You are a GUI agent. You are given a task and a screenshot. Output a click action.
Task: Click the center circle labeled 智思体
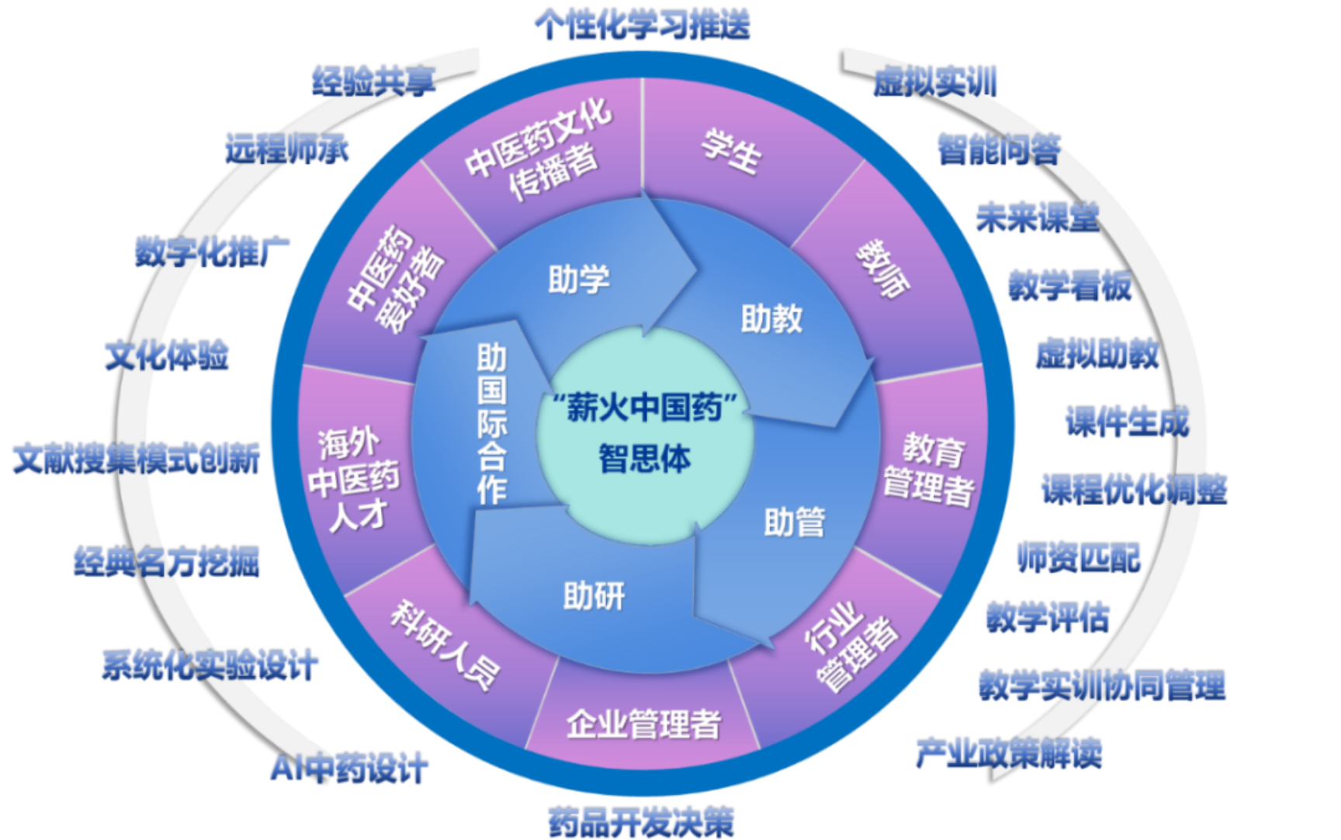(x=644, y=435)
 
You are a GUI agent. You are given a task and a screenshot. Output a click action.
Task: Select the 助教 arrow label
(x=771, y=318)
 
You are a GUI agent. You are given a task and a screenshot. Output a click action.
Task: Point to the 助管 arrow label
(x=795, y=522)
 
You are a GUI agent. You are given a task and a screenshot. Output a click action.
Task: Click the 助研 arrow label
(x=594, y=596)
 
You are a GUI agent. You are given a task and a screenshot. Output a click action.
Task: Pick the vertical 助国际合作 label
(x=492, y=424)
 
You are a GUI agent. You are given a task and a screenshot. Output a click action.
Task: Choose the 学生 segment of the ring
(x=732, y=151)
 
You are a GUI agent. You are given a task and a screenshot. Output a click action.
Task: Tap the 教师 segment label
(x=883, y=268)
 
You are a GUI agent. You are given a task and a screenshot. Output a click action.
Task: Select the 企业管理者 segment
(x=644, y=724)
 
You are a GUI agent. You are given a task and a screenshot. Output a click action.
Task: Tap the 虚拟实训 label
(x=935, y=82)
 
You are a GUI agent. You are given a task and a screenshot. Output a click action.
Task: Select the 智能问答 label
(x=1000, y=149)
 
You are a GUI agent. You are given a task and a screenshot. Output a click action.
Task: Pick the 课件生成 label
(x=1128, y=422)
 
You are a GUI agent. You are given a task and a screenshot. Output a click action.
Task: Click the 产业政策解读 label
(x=1009, y=753)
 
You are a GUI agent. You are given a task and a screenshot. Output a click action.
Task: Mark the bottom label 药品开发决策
(x=641, y=821)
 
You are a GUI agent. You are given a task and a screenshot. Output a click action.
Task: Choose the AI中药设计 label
(x=349, y=769)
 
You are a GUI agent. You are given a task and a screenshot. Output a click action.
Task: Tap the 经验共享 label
(x=374, y=82)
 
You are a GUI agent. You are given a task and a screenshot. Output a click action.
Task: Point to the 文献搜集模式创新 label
(x=137, y=459)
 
